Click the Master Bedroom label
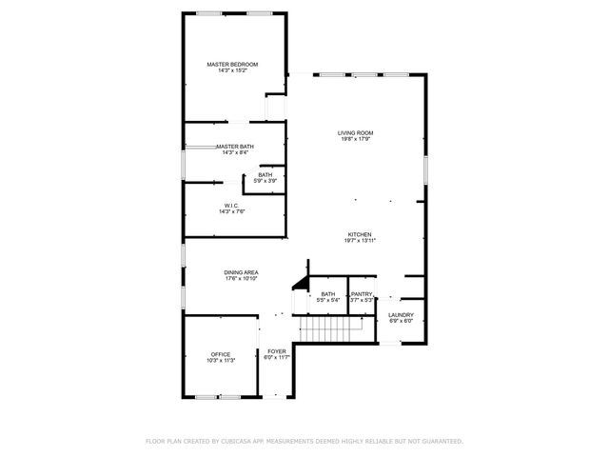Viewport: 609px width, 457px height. [232, 64]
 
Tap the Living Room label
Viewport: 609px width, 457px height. [355, 132]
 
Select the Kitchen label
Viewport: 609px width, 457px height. [359, 234]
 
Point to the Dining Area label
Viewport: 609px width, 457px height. [242, 272]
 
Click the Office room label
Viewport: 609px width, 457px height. [221, 354]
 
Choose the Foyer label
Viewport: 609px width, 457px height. [277, 351]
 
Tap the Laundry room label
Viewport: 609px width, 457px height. [401, 314]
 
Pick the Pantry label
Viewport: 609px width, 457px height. [362, 294]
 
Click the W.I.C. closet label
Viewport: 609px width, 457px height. [231, 206]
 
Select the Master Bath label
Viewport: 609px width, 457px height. [234, 146]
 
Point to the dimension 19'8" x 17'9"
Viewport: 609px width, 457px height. [355, 139]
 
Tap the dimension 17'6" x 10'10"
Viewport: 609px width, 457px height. [242, 279]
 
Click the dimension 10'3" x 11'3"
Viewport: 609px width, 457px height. [221, 361]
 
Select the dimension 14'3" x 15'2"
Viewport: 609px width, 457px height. [232, 70]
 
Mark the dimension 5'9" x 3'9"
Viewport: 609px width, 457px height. [265, 181]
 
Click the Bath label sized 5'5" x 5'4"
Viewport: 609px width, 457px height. [328, 294]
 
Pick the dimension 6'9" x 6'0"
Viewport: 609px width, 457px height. [401, 321]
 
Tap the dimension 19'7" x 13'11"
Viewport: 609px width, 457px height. [359, 241]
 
